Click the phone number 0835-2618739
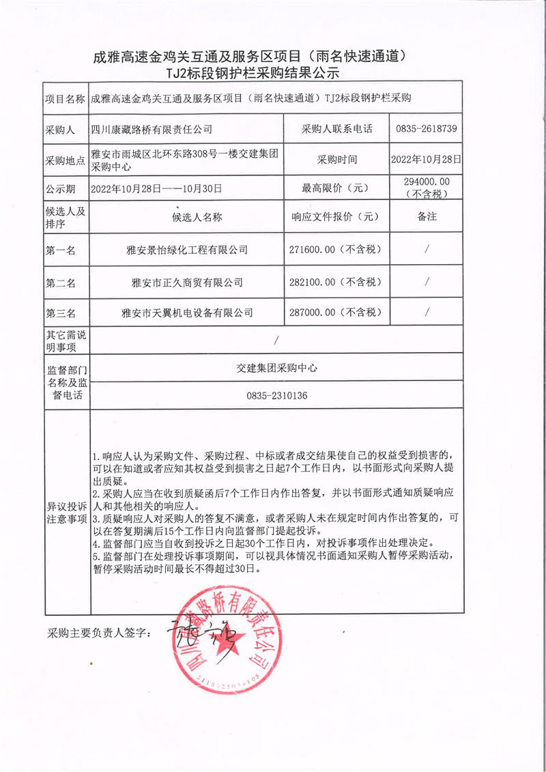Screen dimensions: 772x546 point(425,128)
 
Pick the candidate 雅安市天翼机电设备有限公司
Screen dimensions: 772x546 point(186,313)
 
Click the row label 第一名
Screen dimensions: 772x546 point(61,251)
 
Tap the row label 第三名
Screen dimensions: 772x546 point(61,313)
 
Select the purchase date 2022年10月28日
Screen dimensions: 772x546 point(426,160)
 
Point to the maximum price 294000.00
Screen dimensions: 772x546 point(426,182)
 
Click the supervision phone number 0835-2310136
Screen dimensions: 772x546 point(276,395)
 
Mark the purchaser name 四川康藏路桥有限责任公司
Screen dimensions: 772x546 point(152,128)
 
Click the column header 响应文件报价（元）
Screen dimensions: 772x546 point(335,217)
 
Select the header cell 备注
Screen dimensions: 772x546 point(426,217)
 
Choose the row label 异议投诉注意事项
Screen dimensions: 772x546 point(66,513)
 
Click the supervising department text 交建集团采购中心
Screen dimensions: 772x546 point(276,367)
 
